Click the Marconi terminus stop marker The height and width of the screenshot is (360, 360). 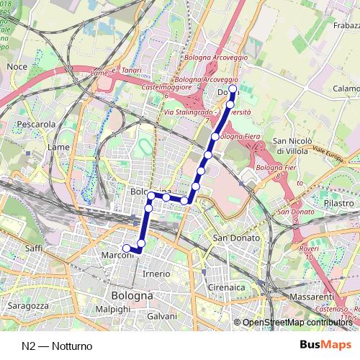tap(127, 248)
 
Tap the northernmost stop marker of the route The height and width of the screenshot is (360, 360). tap(233, 89)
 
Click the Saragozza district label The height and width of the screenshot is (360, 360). tap(27, 305)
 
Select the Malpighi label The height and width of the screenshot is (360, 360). tap(113, 308)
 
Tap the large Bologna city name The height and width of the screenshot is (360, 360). tap(132, 296)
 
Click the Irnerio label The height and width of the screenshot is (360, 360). tap(156, 274)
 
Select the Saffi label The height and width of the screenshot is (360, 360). tap(34, 248)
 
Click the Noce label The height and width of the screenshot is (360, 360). tap(16, 66)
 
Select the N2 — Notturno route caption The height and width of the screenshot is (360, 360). tap(57, 346)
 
